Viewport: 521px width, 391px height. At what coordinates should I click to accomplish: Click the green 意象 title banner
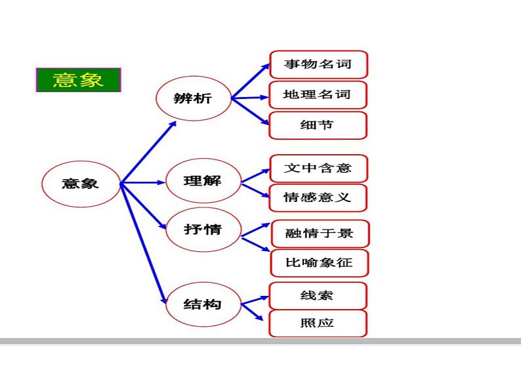pos(79,79)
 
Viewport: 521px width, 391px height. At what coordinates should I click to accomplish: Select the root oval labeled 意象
pos(81,183)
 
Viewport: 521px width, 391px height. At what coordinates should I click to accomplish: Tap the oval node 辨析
pos(194,99)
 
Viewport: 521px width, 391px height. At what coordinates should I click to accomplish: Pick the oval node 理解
pos(203,180)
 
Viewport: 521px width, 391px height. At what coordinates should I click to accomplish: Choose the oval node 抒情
pos(203,230)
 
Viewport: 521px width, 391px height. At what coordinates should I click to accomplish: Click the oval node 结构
pos(203,304)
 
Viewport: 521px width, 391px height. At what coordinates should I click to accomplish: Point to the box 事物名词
pos(318,64)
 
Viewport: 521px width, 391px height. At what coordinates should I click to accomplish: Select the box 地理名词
pos(318,94)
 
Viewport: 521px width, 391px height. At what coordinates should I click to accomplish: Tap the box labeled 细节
pos(318,125)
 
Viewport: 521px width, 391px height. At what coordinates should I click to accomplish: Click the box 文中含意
pos(318,168)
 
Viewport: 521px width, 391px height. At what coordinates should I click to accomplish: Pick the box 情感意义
pos(318,197)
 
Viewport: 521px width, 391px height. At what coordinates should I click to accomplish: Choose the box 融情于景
pos(320,234)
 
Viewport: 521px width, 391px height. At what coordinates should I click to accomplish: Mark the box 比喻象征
pos(320,263)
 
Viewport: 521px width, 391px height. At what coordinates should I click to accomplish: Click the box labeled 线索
pos(318,295)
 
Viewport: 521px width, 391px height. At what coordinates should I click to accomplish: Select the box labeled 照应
pos(318,323)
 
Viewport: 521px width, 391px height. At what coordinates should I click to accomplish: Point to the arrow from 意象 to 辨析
pos(148,152)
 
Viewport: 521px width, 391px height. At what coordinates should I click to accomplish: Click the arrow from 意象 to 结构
pos(144,243)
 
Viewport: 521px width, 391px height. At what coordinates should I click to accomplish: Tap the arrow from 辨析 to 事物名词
pos(250,81)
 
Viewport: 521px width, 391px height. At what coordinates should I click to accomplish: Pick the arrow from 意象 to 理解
pos(143,182)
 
